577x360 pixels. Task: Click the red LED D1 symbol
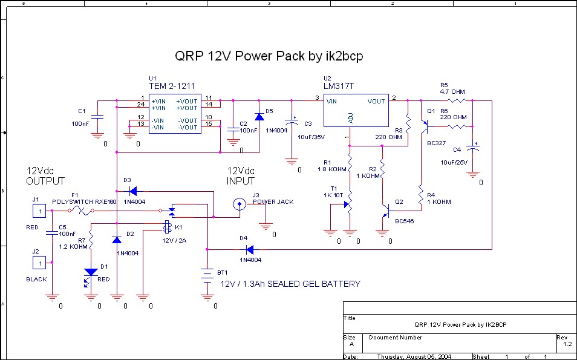pos(91,273)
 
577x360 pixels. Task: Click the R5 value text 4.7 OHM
pos(452,91)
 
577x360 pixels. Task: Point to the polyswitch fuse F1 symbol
pos(80,211)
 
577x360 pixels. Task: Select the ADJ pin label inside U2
pos(351,117)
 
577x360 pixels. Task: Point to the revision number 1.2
pos(567,344)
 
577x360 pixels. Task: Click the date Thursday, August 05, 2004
pos(414,356)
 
